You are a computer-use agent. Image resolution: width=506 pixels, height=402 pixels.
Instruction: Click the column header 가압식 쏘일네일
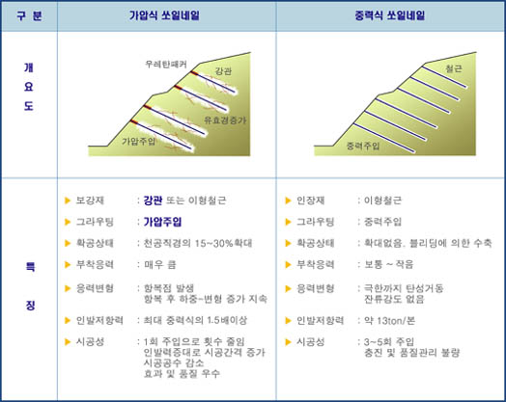(164, 15)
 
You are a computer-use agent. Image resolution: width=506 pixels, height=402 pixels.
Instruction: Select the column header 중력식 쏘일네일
(390, 15)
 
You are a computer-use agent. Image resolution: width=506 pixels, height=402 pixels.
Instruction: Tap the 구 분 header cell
(29, 15)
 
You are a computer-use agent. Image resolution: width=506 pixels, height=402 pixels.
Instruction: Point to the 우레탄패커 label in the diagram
(166, 64)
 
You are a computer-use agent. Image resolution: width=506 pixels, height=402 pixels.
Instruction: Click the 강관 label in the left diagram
(223, 71)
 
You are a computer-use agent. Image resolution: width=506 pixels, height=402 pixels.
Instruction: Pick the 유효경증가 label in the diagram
(225, 121)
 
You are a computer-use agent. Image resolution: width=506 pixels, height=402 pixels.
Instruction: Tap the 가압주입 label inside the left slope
(138, 142)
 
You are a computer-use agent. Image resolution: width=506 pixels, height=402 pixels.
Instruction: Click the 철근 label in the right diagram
(454, 68)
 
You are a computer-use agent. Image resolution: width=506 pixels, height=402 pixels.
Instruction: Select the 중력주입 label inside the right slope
(363, 146)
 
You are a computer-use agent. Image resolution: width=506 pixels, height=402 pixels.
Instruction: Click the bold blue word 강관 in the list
(153, 201)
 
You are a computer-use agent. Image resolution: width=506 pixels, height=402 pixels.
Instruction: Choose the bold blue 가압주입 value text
(162, 222)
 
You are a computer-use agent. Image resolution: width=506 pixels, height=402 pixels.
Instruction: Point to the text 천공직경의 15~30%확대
(198, 243)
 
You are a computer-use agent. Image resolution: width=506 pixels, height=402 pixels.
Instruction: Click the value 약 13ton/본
(389, 320)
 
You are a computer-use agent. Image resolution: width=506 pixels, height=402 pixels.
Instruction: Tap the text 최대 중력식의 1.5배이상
(195, 320)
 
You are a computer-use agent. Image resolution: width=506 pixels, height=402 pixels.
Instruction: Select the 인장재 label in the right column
(310, 201)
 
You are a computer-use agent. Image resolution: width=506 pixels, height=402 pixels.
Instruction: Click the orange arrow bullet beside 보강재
(68, 201)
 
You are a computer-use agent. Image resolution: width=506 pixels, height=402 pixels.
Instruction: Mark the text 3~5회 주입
(389, 341)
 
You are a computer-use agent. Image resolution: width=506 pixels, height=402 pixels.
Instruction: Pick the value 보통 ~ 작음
(388, 264)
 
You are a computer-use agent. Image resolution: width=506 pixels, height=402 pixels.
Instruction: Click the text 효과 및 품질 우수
(182, 374)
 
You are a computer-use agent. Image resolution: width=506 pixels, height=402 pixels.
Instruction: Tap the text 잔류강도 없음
(394, 299)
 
